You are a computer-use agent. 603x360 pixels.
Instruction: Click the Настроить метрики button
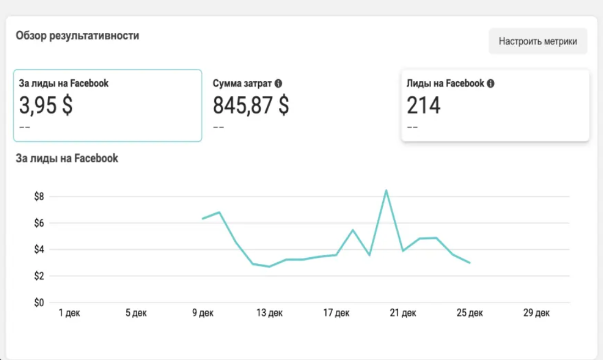tap(538, 41)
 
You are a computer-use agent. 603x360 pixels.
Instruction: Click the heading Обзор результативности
tap(77, 36)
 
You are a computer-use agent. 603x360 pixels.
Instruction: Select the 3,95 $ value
tap(46, 106)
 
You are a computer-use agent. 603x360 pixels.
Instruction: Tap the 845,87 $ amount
tap(251, 106)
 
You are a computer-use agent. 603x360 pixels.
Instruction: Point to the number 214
tap(423, 106)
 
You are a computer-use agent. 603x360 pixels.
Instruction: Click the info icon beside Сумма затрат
tap(278, 84)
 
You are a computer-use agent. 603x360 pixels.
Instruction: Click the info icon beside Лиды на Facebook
tap(491, 84)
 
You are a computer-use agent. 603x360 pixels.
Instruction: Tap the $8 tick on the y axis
tap(39, 197)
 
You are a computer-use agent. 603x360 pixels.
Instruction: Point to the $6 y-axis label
tap(39, 223)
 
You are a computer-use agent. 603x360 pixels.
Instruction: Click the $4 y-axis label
tap(39, 250)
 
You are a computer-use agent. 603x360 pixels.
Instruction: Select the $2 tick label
tap(39, 276)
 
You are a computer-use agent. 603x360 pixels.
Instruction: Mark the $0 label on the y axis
tap(39, 303)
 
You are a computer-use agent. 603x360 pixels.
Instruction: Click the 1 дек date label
tap(69, 313)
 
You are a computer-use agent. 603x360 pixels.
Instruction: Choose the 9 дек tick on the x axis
tap(203, 313)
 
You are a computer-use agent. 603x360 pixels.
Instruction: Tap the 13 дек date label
tap(270, 313)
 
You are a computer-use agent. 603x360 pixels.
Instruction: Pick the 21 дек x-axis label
tap(403, 313)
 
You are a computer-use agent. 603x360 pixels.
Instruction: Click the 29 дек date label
tap(537, 313)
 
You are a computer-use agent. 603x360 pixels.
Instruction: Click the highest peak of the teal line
tap(386, 190)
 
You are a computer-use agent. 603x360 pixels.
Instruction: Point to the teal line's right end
tap(470, 263)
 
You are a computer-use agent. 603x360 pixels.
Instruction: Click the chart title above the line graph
tap(67, 159)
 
